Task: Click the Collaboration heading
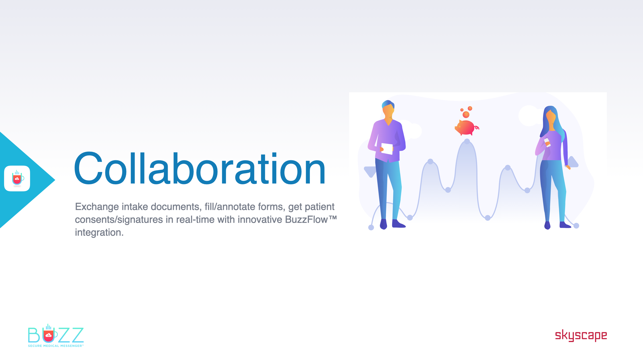pos(200,168)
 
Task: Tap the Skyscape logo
pos(581,335)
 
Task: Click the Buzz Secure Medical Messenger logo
pos(56,335)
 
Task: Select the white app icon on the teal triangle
pos(17,178)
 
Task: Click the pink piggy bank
pos(466,128)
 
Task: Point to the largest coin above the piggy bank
pos(466,115)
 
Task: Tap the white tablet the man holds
pos(387,149)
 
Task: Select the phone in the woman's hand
pos(547,142)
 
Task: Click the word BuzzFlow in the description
pos(306,219)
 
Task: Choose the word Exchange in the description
pos(97,207)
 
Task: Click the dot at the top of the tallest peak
pos(467,141)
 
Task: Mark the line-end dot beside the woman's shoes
pos(576,226)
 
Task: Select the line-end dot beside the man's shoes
pos(371,228)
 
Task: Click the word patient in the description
pos(319,207)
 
